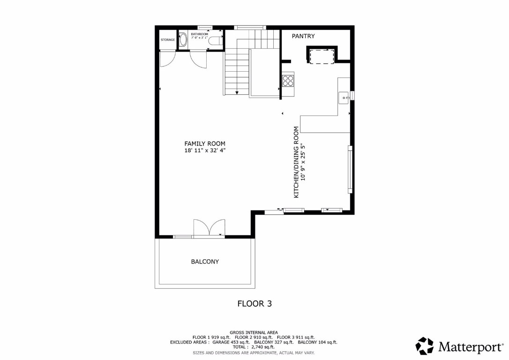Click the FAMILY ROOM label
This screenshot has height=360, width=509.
coord(204,144)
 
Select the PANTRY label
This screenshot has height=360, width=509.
coord(303,36)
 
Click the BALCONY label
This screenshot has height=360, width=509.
coord(204,262)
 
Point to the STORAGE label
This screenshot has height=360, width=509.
coord(168,40)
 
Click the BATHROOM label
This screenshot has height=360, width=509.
coord(199,34)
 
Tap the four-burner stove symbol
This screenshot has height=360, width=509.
coord(288,81)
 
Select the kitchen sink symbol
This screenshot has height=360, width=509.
coord(344,97)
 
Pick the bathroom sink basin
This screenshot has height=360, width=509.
coord(183,40)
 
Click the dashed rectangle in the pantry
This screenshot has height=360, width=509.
coord(322,56)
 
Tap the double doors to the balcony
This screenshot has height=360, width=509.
coord(209,228)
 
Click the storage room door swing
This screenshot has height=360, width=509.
coord(167,59)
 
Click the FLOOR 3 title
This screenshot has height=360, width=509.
coord(254,303)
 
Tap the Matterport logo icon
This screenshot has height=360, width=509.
coord(425,346)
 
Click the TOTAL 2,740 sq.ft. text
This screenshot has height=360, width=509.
coord(254,347)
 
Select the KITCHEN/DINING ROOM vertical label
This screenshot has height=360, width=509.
coord(296,162)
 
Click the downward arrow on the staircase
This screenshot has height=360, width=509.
coord(237,92)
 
